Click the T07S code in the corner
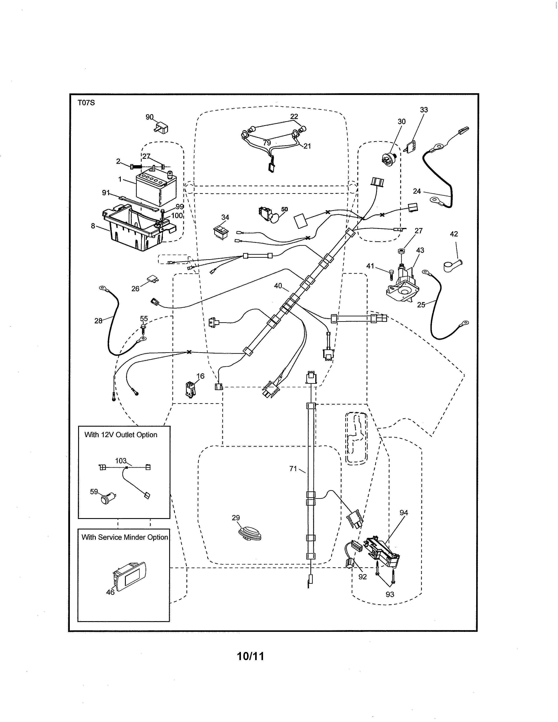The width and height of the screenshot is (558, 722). click(86, 103)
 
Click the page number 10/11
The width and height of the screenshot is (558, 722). click(251, 656)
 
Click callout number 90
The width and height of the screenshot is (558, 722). click(149, 117)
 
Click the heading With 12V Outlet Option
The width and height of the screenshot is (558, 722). click(121, 435)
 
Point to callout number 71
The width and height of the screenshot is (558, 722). click(293, 468)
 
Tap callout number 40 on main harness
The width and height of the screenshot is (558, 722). click(278, 285)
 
